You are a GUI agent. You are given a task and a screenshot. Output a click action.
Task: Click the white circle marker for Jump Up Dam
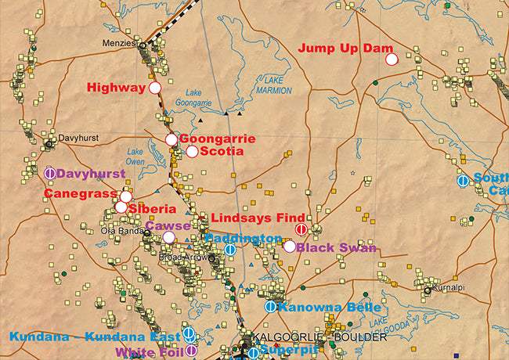[x=392, y=58]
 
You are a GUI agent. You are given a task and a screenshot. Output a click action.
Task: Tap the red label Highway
[x=116, y=88]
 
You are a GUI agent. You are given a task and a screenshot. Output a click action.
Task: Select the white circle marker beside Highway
[x=155, y=88]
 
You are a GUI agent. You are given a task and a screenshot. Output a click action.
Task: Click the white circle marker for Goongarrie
[x=171, y=139]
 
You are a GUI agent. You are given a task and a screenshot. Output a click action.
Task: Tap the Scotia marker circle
[x=192, y=151]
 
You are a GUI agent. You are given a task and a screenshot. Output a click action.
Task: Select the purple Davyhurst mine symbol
[x=50, y=173]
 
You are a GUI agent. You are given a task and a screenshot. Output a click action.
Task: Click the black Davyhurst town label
[x=78, y=136]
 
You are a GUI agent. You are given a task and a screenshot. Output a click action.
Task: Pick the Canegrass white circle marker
[x=125, y=196]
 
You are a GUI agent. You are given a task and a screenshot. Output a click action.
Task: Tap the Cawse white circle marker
[x=168, y=237]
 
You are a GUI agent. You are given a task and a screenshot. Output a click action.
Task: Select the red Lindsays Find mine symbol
[x=301, y=229]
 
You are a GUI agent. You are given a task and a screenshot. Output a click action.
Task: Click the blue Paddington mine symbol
[x=230, y=250]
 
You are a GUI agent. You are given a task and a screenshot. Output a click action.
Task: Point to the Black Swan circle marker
[x=290, y=247]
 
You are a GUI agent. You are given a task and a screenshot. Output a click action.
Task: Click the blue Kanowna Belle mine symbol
[x=270, y=307]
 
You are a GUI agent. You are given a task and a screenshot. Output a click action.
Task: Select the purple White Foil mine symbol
[x=190, y=351]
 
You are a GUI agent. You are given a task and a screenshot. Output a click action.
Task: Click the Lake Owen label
[x=135, y=157]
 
